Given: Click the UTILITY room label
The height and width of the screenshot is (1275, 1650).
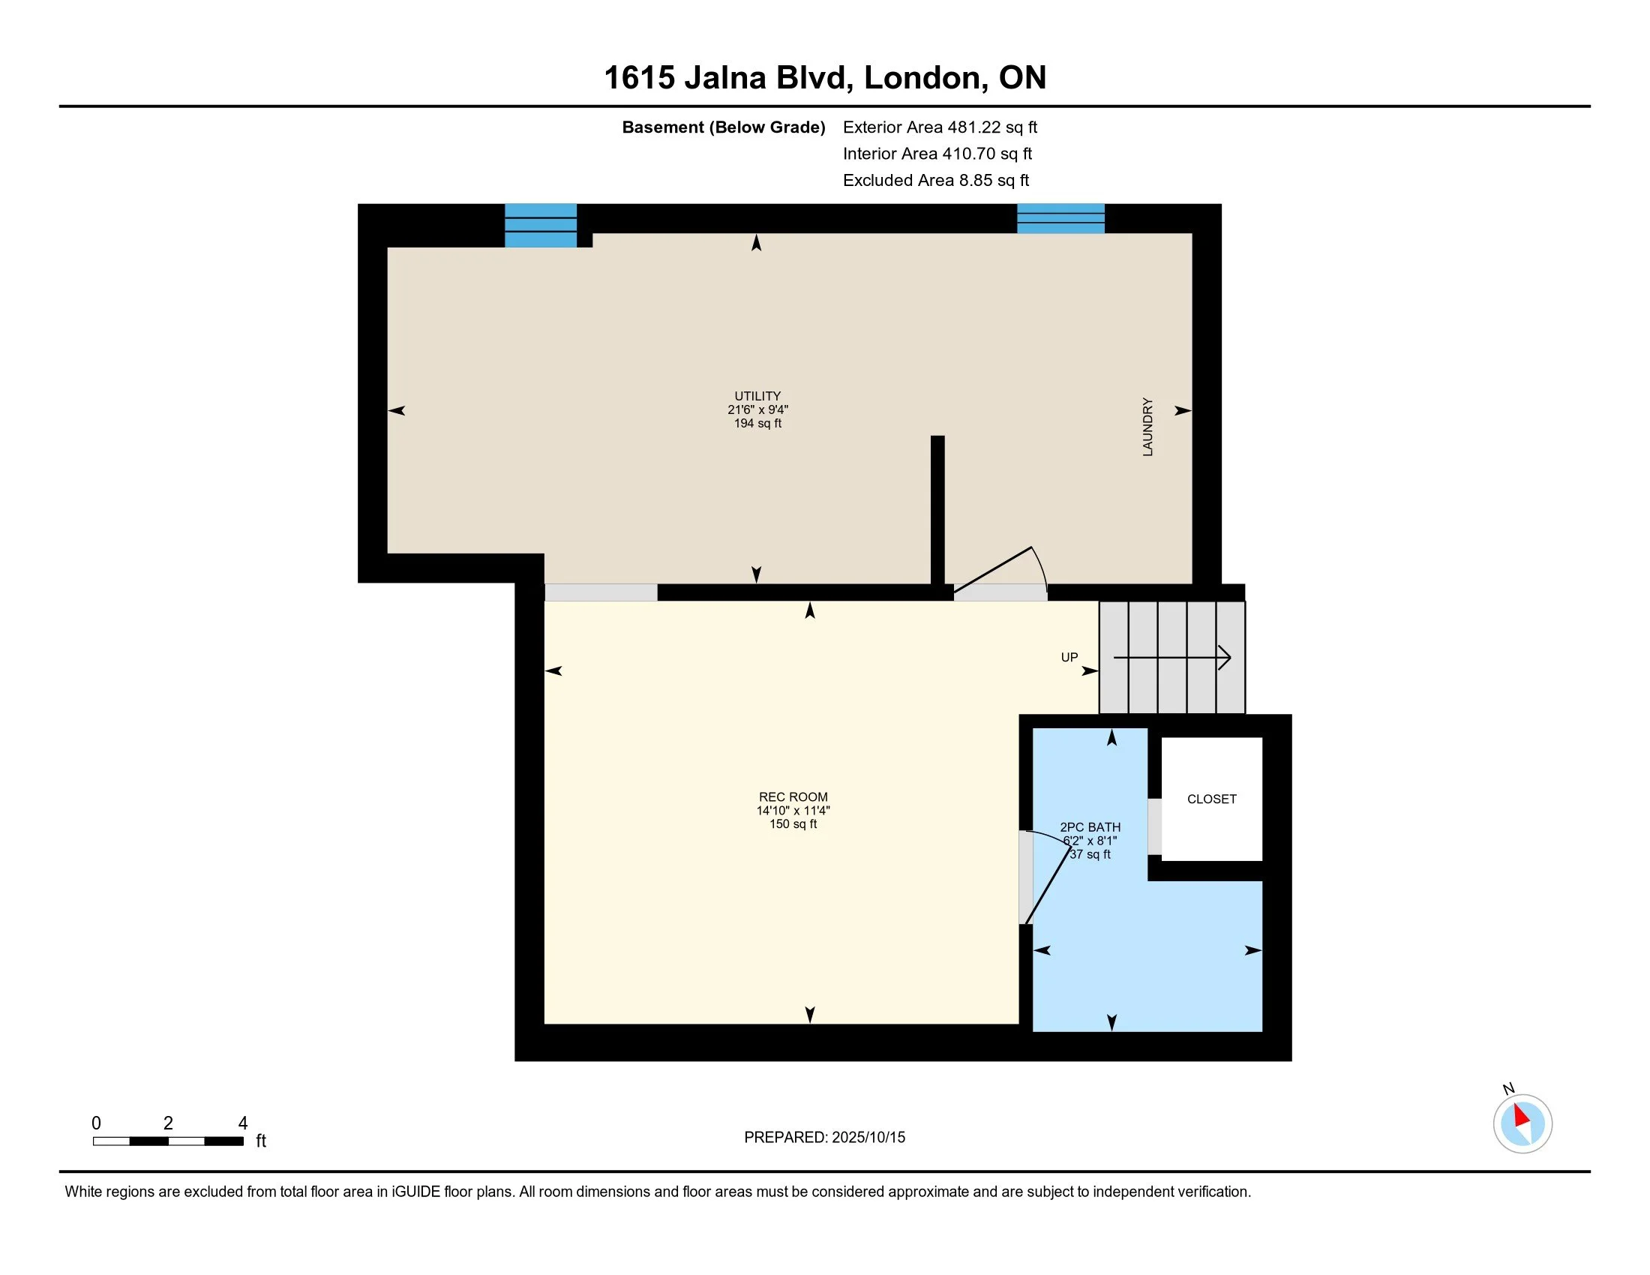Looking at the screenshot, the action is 757,396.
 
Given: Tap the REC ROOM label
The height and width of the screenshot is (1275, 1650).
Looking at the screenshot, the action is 793,796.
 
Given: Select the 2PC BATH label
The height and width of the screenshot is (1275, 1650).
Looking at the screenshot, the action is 1090,827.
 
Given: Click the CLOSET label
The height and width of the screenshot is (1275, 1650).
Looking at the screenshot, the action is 1212,799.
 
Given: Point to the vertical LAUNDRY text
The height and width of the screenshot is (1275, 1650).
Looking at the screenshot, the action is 1147,427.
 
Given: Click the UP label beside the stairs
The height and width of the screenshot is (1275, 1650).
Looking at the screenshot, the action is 1069,657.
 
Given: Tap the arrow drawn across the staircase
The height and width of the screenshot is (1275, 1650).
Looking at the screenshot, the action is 1172,658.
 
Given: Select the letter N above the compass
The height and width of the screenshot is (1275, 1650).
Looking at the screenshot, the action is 1508,1089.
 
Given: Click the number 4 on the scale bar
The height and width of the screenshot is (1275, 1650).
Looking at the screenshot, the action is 242,1123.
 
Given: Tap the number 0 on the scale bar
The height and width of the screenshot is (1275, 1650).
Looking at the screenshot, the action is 96,1123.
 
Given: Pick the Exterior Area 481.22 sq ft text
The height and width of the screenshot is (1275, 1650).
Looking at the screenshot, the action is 940,127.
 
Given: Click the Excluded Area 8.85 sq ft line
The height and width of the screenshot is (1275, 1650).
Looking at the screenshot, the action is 936,180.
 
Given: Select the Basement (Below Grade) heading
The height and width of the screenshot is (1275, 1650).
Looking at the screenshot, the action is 723,127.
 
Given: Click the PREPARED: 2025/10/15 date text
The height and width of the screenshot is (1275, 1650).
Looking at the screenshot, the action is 824,1138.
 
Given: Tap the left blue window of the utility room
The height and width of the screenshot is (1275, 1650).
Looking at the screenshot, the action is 540,225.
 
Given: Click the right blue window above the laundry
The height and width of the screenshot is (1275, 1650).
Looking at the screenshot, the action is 1060,218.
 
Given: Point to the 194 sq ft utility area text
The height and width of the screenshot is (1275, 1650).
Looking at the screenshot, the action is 757,424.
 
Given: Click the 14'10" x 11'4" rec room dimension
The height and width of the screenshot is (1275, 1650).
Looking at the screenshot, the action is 793,811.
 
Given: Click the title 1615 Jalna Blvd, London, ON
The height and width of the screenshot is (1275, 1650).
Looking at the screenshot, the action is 825,78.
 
